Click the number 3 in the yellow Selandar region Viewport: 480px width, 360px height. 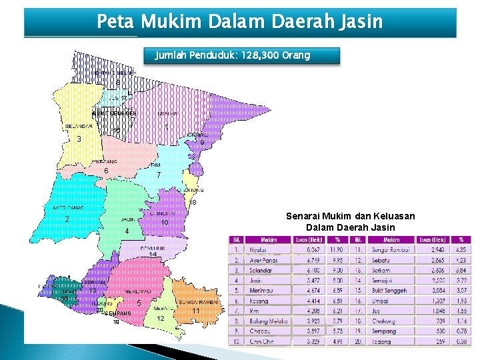[79, 139]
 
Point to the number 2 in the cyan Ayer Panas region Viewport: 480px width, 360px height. [67, 220]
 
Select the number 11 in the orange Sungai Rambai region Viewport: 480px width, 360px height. [195, 311]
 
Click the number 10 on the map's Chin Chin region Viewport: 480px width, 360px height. [164, 222]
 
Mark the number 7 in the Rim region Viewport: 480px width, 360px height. [158, 175]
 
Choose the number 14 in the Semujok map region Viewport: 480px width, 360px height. [153, 255]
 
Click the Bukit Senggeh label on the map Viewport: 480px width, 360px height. [114, 113]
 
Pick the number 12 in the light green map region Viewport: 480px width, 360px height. [161, 319]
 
